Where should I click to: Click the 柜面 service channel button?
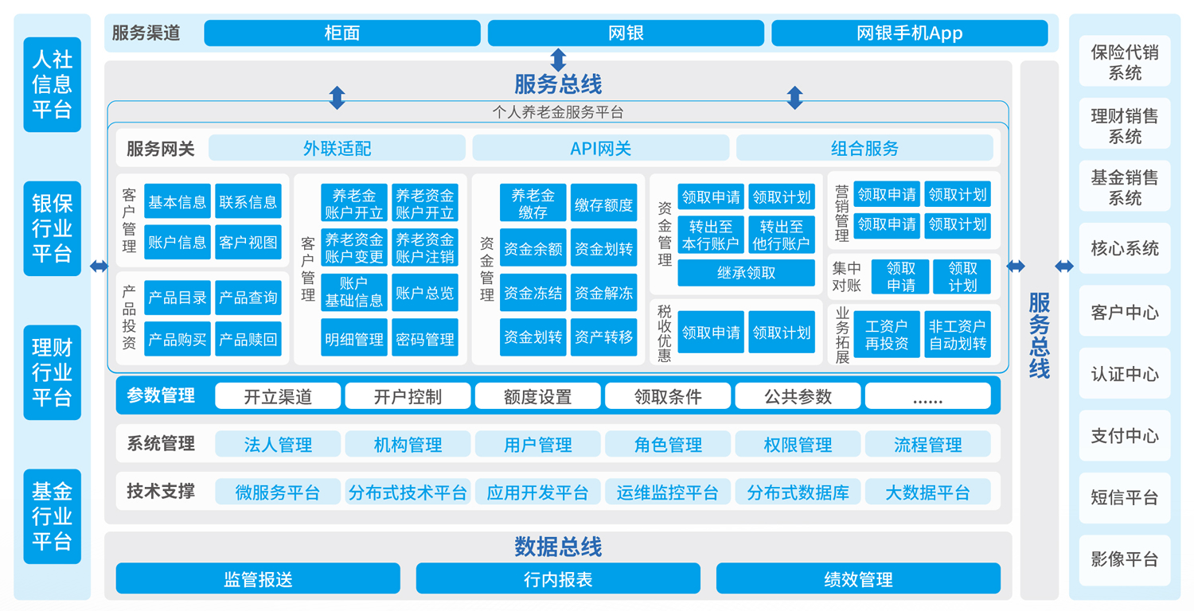(x=342, y=33)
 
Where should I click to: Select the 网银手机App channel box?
(x=909, y=33)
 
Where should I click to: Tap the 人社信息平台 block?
(x=53, y=84)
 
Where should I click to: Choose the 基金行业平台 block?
(x=53, y=516)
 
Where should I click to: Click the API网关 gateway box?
(x=600, y=148)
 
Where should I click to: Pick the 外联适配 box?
(x=337, y=148)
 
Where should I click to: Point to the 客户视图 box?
(x=248, y=243)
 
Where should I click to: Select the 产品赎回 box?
(x=248, y=340)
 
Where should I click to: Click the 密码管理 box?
(x=425, y=340)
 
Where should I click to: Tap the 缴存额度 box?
(x=604, y=204)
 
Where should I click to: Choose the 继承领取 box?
(x=746, y=273)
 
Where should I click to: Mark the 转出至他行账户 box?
(x=781, y=235)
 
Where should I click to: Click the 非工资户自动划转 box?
(x=958, y=335)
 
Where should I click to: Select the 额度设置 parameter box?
(x=537, y=396)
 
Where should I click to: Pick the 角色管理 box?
(x=668, y=444)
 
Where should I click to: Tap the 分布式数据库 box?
(x=798, y=492)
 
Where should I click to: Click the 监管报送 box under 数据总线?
(x=258, y=579)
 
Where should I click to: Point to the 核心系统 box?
(x=1125, y=248)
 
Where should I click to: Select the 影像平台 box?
(x=1125, y=559)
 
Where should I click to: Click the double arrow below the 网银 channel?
(x=558, y=60)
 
